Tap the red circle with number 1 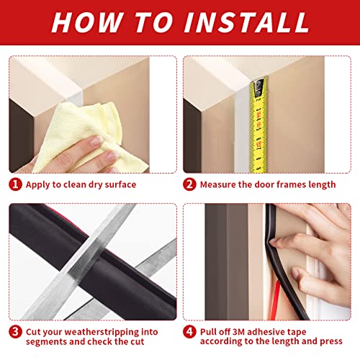[x=15, y=184]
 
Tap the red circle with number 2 [x=189, y=184]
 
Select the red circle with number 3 [x=15, y=333]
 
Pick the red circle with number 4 [x=189, y=333]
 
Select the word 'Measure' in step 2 [x=220, y=185]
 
